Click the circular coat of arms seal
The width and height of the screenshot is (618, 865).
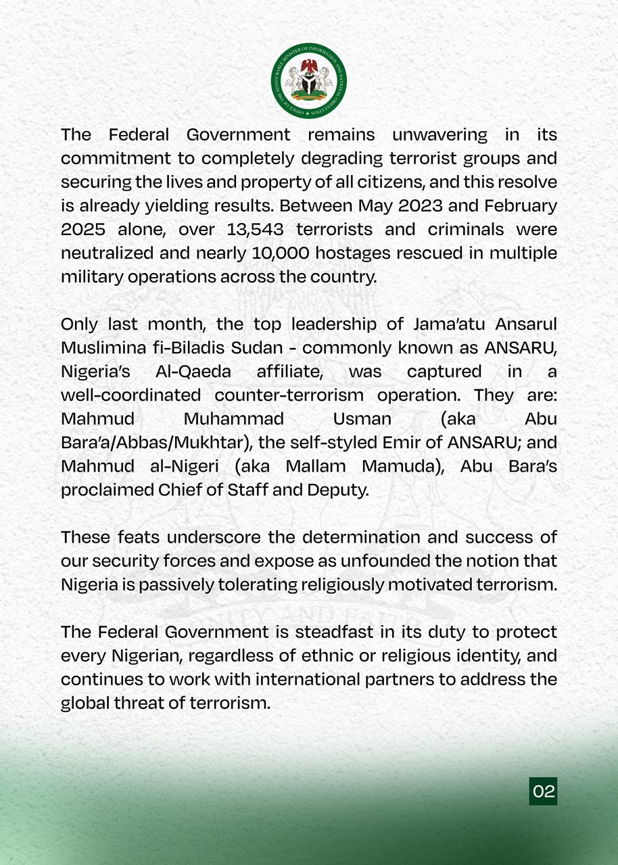point(309,80)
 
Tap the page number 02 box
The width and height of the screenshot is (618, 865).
point(544,791)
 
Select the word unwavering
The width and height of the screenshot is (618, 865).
point(439,134)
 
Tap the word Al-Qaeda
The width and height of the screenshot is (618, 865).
point(197,371)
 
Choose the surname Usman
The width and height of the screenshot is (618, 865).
point(362,418)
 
